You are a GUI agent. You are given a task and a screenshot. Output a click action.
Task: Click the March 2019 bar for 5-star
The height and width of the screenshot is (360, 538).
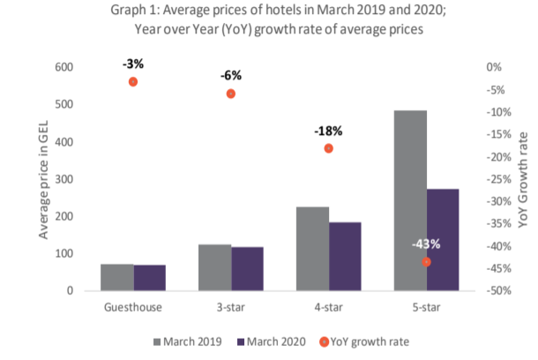(x=410, y=201)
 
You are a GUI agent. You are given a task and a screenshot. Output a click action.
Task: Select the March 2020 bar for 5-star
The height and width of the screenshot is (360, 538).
(x=443, y=240)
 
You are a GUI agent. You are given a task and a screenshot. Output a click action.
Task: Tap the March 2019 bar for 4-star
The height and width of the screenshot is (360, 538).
(x=312, y=249)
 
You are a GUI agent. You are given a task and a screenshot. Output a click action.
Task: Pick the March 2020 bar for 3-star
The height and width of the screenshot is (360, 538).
(x=247, y=269)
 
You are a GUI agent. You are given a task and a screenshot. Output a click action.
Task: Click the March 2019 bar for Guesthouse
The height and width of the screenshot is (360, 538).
(x=117, y=278)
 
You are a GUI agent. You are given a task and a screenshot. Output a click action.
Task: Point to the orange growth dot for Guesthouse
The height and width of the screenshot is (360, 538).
(x=133, y=82)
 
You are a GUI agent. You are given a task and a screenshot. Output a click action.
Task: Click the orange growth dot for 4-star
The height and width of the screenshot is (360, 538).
(x=329, y=148)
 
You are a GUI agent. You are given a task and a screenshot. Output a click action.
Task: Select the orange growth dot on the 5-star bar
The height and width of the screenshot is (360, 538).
(x=426, y=262)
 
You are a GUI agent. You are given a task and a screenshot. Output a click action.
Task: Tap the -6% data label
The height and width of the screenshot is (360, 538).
(x=231, y=75)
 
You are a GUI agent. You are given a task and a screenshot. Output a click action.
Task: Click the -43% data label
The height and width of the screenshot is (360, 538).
(x=426, y=244)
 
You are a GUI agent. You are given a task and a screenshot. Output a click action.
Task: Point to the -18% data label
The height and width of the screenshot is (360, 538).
(x=328, y=131)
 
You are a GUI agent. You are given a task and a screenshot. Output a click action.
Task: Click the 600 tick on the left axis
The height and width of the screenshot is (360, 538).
(x=64, y=67)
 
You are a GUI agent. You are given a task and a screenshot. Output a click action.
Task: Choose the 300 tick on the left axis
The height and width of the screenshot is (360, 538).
(x=64, y=179)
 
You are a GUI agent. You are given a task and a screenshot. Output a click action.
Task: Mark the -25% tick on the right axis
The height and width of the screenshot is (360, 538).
(x=499, y=179)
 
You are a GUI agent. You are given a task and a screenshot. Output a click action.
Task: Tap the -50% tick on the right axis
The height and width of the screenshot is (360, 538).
(x=499, y=290)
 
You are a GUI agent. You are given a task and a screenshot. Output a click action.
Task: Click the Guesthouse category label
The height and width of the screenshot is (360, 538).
(x=133, y=307)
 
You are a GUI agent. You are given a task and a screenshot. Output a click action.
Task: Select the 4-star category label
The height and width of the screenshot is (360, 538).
(x=329, y=307)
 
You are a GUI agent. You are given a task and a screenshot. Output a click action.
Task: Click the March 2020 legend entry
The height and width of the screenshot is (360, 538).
(x=272, y=341)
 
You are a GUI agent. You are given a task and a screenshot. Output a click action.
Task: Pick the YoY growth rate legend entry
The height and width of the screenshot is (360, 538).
(x=364, y=341)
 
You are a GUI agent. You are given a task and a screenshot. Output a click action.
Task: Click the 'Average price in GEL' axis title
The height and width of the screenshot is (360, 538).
(x=43, y=179)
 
